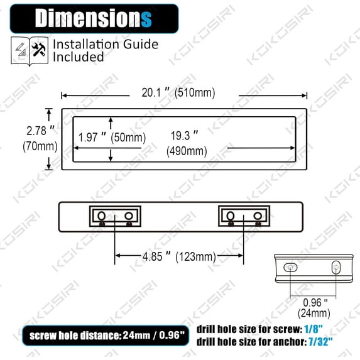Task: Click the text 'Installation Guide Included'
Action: tap(105, 51)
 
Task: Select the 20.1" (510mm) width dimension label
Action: tap(174, 93)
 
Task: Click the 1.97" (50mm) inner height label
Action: tap(111, 137)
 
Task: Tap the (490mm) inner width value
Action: tap(187, 151)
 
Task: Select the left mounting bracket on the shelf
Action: tap(116, 216)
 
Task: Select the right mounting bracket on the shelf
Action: tap(244, 216)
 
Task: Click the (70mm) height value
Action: tap(41, 146)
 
